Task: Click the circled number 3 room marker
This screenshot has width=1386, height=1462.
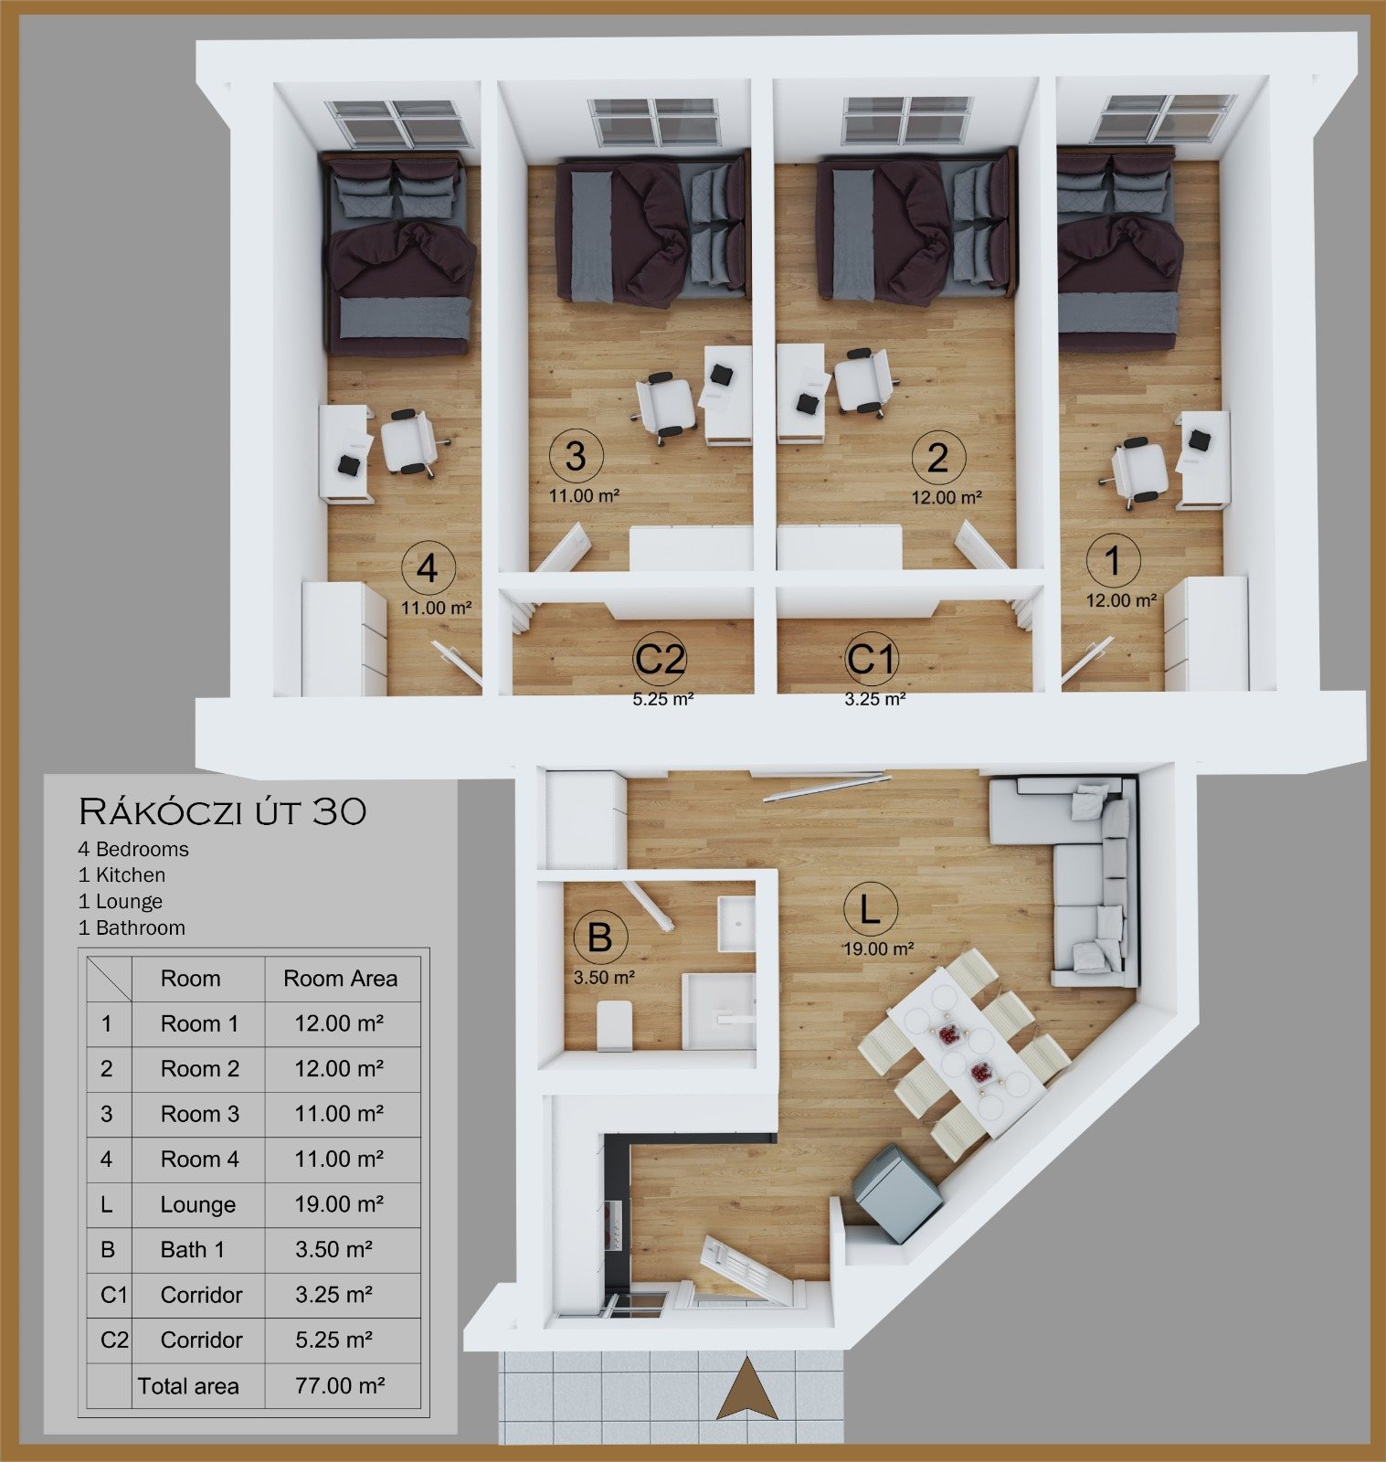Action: pyautogui.click(x=576, y=456)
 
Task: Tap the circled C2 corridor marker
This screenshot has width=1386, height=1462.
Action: pyautogui.click(x=660, y=659)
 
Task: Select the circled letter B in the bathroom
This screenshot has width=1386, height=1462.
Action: pyautogui.click(x=599, y=938)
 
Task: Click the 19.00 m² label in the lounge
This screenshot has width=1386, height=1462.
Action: pyautogui.click(x=878, y=948)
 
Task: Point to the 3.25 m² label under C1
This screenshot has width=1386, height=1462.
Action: pyautogui.click(x=874, y=699)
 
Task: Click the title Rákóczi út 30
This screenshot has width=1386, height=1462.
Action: pyautogui.click(x=223, y=810)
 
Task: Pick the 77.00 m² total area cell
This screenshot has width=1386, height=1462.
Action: pyautogui.click(x=340, y=1385)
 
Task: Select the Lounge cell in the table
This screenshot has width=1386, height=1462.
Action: pyautogui.click(x=197, y=1204)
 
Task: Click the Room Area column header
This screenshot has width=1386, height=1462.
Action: pyautogui.click(x=340, y=979)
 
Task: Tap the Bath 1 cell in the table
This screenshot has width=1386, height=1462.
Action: pyautogui.click(x=192, y=1249)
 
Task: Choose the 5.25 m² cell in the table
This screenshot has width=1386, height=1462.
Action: pyautogui.click(x=333, y=1340)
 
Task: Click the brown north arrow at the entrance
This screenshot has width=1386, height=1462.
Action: pyautogui.click(x=747, y=1388)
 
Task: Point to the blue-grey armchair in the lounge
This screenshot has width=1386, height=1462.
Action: pyautogui.click(x=896, y=1193)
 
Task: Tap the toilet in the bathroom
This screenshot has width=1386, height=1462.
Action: pyautogui.click(x=614, y=1025)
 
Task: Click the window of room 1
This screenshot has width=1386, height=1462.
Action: pyautogui.click(x=1166, y=119)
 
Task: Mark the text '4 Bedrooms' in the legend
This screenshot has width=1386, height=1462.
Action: pyautogui.click(x=133, y=849)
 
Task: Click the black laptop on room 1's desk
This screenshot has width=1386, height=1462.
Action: pyautogui.click(x=1199, y=440)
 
